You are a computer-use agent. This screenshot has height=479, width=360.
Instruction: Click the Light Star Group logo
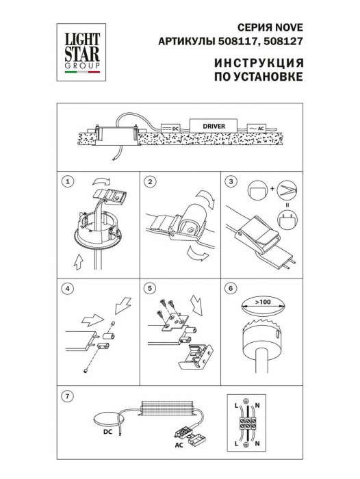tap(81, 49)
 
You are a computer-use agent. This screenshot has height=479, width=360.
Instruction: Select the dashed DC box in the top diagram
tap(170, 127)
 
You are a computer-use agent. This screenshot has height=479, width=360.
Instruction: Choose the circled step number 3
tap(233, 181)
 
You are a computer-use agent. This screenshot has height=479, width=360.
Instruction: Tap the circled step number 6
tap(233, 288)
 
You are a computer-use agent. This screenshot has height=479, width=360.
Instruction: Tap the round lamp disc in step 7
tap(110, 418)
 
